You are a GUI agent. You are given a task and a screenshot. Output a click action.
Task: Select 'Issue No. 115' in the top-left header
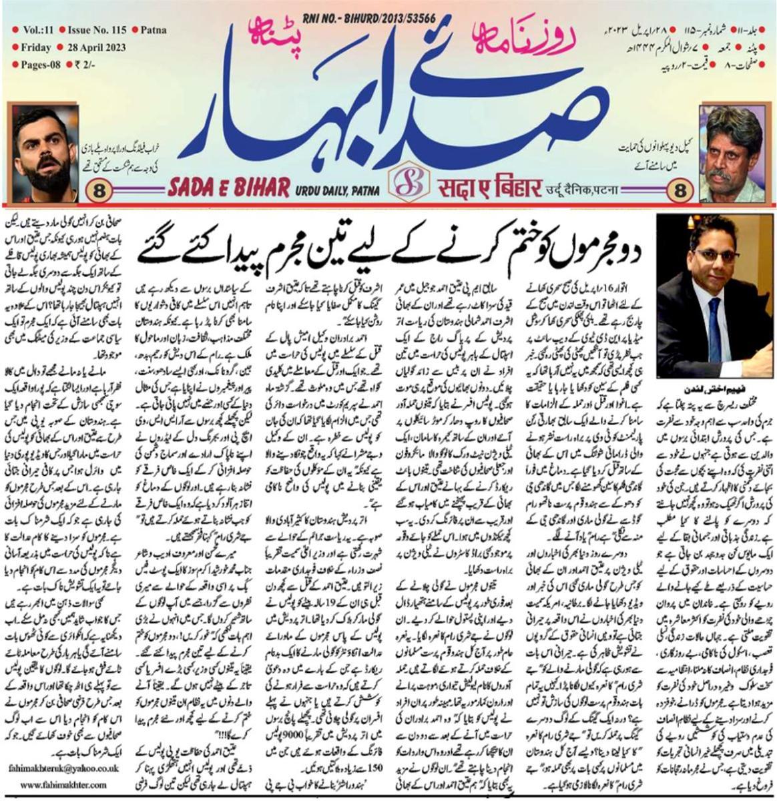pos(95,30)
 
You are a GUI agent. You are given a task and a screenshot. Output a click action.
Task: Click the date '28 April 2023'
pos(96,47)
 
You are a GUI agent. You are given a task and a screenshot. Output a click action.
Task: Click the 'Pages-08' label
pos(34,65)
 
